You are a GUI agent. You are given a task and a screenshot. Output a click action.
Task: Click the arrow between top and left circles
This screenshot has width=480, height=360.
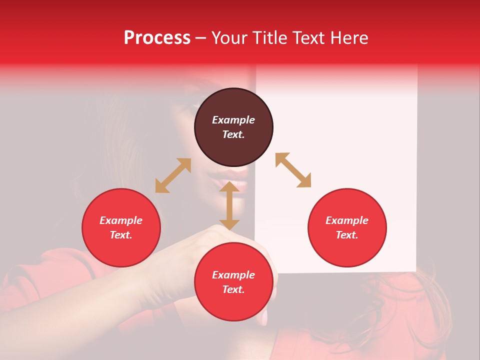(173, 175)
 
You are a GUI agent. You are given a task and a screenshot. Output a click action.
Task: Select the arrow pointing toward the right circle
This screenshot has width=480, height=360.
(293, 170)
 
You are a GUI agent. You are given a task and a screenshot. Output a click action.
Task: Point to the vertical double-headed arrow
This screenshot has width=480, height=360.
(229, 205)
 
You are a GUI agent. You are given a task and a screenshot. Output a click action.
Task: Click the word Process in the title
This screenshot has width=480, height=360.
(157, 38)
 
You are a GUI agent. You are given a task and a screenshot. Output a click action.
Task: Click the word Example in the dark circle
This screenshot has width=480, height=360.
(233, 120)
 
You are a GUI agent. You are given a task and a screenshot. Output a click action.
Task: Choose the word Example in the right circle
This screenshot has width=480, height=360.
(347, 220)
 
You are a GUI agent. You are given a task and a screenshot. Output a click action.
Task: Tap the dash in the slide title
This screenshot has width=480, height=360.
(200, 38)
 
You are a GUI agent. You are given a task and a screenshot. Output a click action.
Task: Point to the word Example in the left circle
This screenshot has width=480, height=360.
(121, 220)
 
